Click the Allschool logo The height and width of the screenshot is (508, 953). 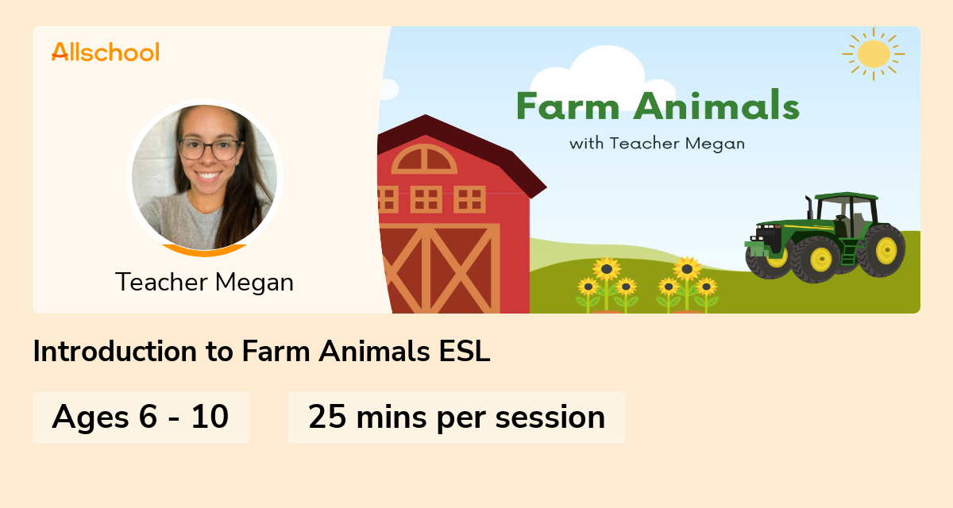tap(106, 52)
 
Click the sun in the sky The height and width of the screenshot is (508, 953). tap(874, 53)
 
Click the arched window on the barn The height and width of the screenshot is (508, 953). tap(425, 160)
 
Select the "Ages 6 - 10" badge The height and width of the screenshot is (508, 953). tap(141, 417)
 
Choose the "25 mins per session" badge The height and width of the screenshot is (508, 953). tap(456, 417)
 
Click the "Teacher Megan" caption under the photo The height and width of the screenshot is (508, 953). tap(204, 282)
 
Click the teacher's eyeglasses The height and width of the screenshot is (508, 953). tap(210, 148)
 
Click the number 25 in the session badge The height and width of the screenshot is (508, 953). tap(326, 417)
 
